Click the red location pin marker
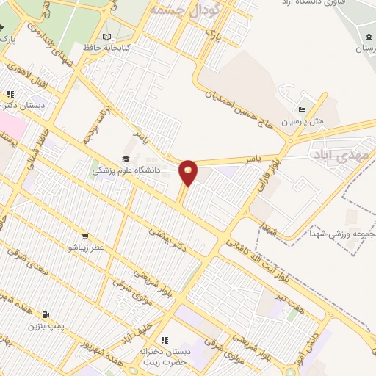tap(189, 170)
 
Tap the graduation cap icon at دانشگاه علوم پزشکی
tap(126, 159)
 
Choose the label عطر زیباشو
tap(87, 247)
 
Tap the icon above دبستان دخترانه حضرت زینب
tap(164, 340)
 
